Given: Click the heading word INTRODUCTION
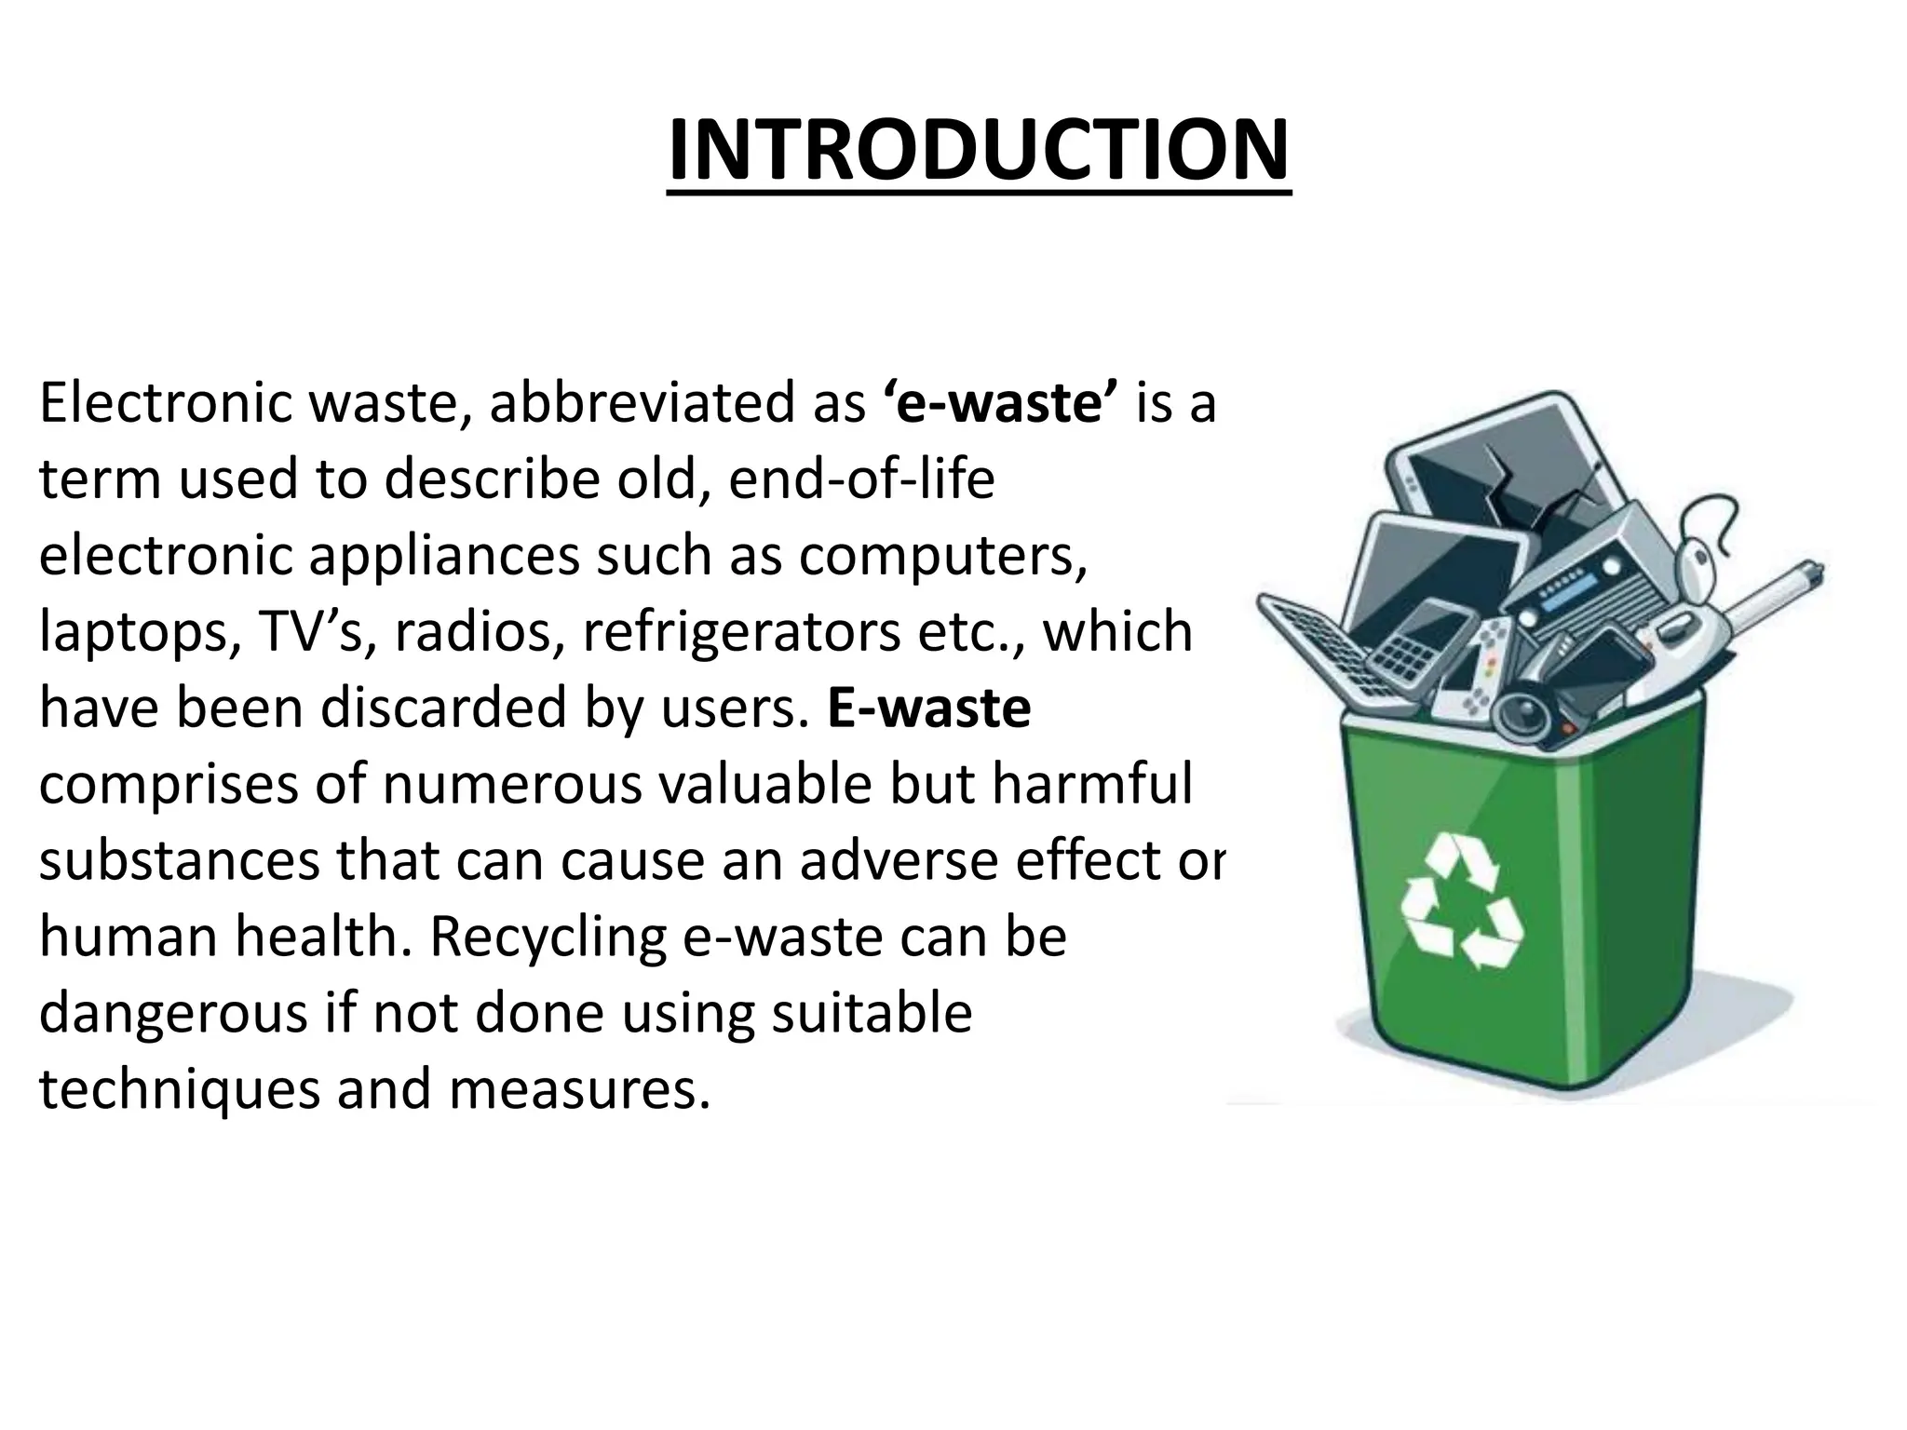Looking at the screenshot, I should coord(979,151).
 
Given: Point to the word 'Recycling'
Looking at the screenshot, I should coord(548,937).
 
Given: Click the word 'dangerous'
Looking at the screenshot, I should coord(172,1013).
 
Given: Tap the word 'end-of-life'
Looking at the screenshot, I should coord(861,480).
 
